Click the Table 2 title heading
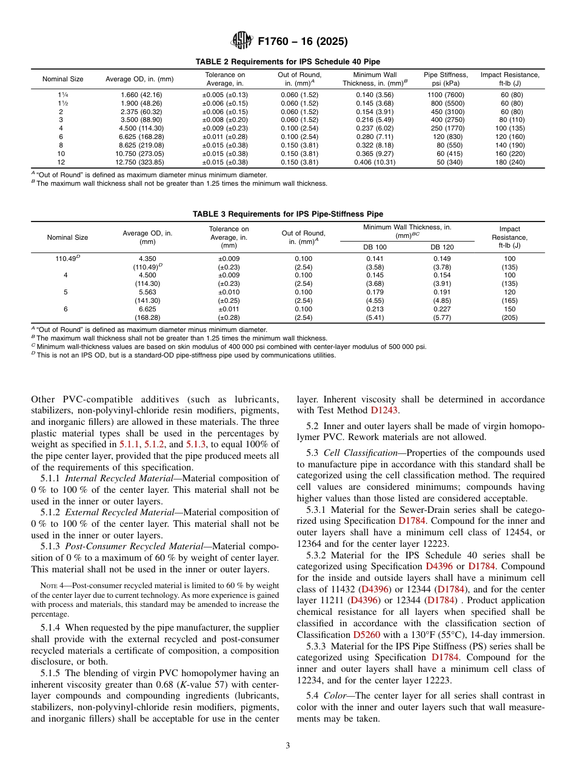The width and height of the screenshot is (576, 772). pyautogui.click(x=288, y=62)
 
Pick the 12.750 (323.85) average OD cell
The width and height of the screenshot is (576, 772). pyautogui.click(x=139, y=163)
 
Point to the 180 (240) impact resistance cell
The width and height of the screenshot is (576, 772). pyautogui.click(x=509, y=163)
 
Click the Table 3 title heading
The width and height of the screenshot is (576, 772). pyautogui.click(x=288, y=214)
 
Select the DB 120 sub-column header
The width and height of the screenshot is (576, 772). pyautogui.click(x=442, y=247)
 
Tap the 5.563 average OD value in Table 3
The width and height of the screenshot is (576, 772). pyautogui.click(x=147, y=292)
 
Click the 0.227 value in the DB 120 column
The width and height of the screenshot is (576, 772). pyautogui.click(x=442, y=309)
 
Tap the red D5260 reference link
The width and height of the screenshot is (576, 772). pyautogui.click(x=366, y=634)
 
